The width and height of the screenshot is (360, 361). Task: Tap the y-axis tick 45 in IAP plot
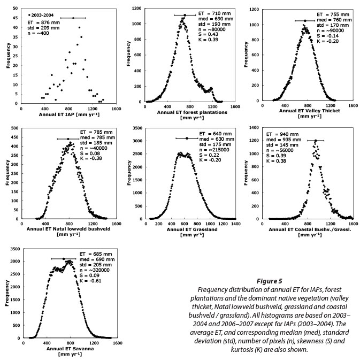(15, 18)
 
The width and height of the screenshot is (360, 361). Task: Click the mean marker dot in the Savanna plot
(64, 259)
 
